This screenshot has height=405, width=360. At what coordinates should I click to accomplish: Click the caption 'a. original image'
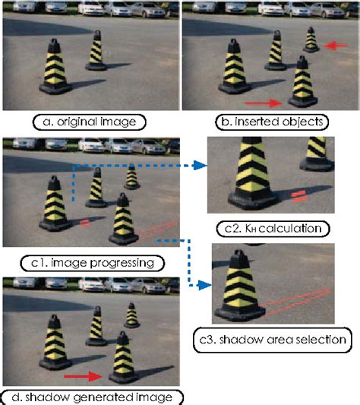[x=89, y=119]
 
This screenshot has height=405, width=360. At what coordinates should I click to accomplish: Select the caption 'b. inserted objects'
[x=270, y=120]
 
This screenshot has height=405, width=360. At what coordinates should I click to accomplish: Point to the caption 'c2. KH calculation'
[x=270, y=227]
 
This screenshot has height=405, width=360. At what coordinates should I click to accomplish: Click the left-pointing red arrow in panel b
[x=335, y=47]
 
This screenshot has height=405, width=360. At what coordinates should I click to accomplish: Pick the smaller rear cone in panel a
[x=96, y=51]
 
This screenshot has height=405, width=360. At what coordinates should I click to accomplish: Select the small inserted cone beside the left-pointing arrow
[x=311, y=40]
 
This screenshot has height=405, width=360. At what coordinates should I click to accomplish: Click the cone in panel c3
[x=238, y=292]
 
